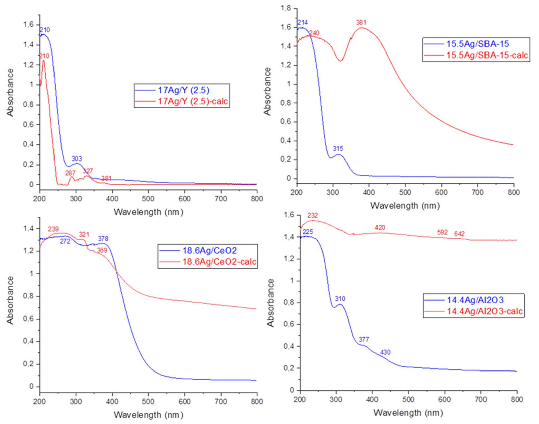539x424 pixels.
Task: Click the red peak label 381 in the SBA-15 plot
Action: click(361, 22)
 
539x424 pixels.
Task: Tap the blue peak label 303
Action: click(77, 158)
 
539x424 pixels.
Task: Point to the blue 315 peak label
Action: click(338, 148)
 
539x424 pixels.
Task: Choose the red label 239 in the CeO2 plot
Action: click(53, 229)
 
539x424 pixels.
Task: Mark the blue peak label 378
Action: click(103, 239)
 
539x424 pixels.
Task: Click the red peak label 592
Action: click(442, 232)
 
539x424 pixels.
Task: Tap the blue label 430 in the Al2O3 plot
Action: click(385, 352)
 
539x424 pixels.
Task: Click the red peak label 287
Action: click(70, 173)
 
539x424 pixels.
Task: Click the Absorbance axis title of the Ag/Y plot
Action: click(10, 92)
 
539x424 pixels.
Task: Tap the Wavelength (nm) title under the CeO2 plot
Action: click(148, 415)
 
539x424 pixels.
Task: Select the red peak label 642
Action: click(459, 234)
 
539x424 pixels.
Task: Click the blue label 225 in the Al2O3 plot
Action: click(308, 232)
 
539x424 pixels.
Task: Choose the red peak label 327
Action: click(88, 171)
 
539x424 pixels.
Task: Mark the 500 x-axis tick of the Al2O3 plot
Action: click(408, 399)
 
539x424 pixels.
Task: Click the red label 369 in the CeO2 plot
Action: click(102, 250)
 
